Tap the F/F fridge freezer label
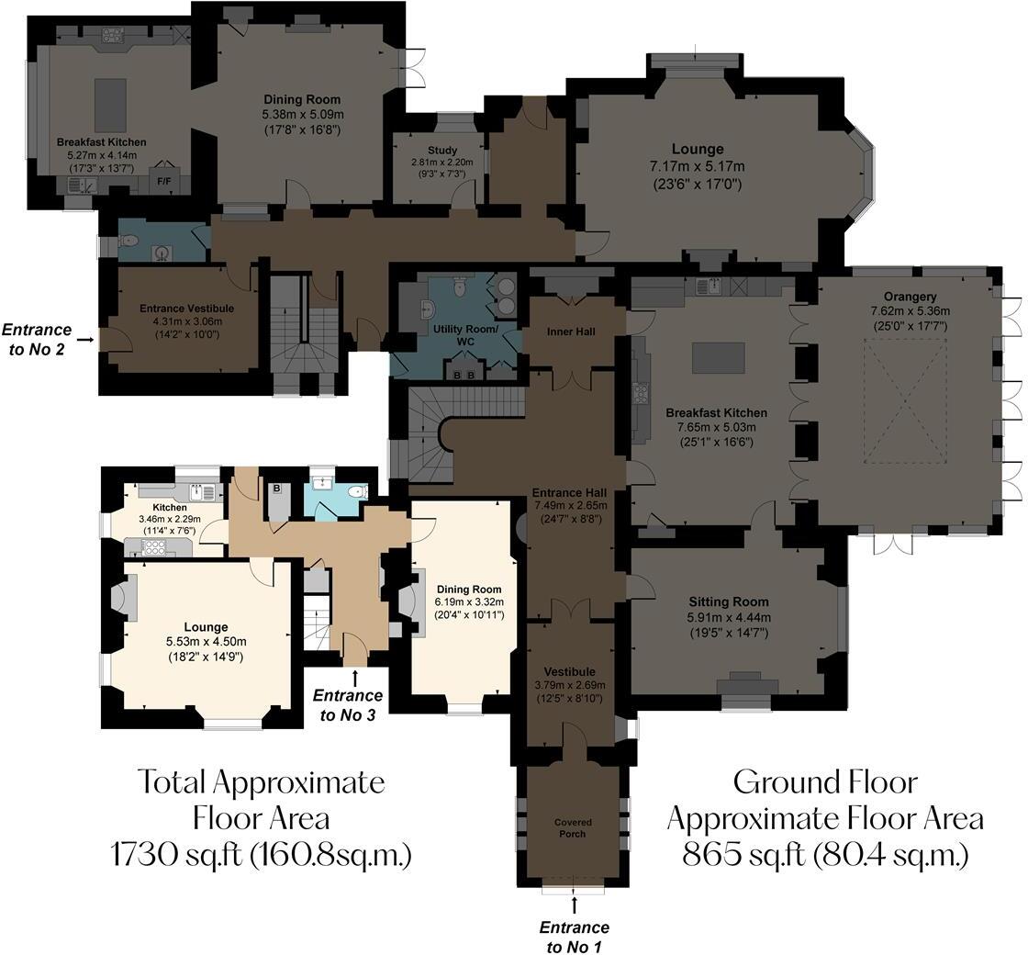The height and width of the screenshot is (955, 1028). (x=164, y=182)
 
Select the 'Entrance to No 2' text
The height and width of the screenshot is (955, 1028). (x=37, y=338)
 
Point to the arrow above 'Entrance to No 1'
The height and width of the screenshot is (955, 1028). (x=575, y=904)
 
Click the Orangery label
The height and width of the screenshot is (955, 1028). (x=911, y=297)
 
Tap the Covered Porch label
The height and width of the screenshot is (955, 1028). (x=573, y=827)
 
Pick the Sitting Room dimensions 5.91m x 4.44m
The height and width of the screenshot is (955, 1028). (x=730, y=617)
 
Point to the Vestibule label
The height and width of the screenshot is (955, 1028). (x=569, y=672)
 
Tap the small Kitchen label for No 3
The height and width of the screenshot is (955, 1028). (x=170, y=507)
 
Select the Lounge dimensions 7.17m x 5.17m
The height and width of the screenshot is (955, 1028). (x=697, y=166)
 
